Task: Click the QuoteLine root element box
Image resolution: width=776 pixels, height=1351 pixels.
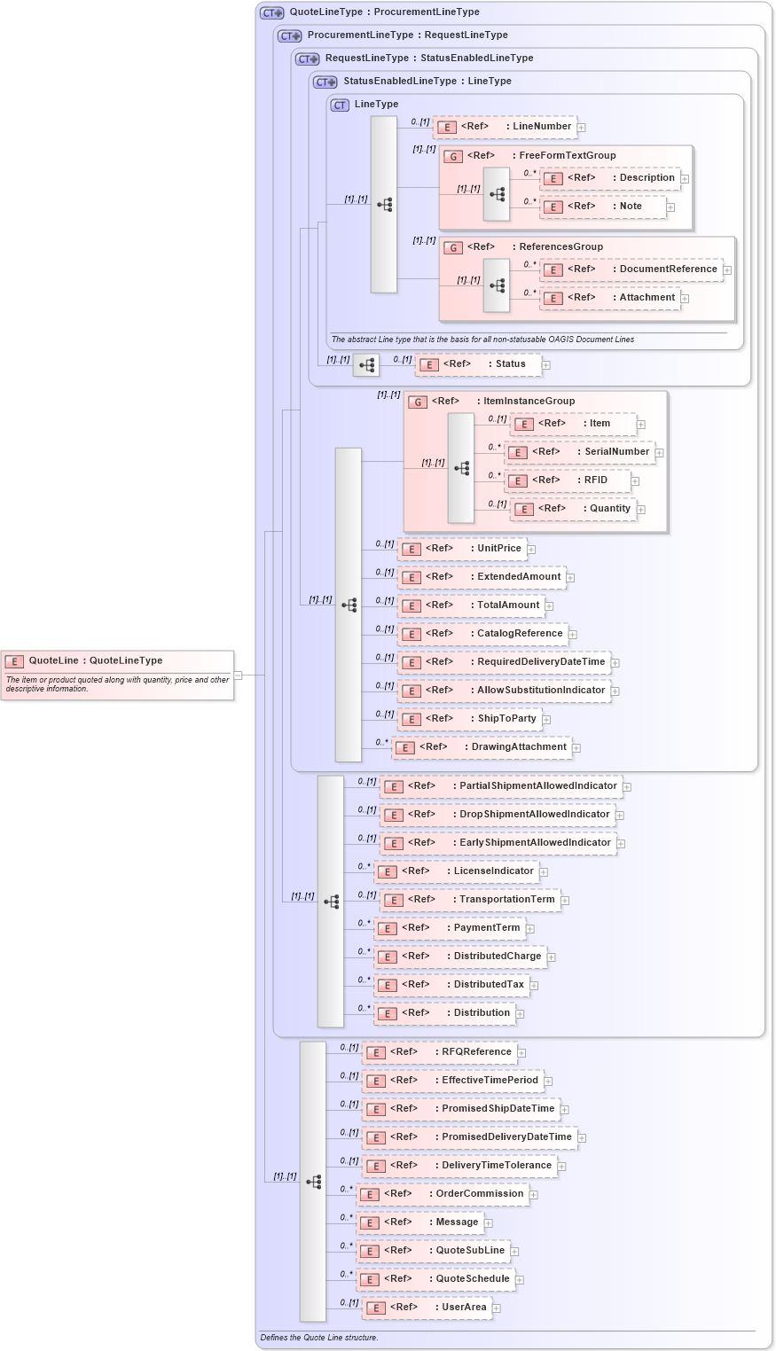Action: coord(117,675)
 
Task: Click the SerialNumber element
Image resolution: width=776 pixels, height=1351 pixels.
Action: coord(580,452)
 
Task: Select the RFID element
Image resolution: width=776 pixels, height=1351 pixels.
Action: coord(568,480)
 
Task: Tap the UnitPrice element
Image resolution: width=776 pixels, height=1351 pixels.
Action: coord(462,549)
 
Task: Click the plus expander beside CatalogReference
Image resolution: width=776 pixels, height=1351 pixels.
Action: coord(573,635)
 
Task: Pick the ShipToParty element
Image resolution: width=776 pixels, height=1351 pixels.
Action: coord(470,719)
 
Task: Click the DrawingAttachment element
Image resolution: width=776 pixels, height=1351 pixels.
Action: coord(482,747)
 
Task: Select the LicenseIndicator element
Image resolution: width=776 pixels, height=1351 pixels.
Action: coord(457,871)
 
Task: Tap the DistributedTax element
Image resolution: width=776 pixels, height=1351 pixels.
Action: coord(451,985)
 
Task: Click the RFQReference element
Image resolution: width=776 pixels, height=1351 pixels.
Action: coord(440,1052)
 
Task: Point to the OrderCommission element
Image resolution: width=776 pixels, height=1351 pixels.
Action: coord(443,1194)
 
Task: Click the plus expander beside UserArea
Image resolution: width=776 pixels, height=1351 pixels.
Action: coord(497,1308)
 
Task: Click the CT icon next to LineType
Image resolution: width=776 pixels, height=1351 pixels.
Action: coord(340,105)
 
